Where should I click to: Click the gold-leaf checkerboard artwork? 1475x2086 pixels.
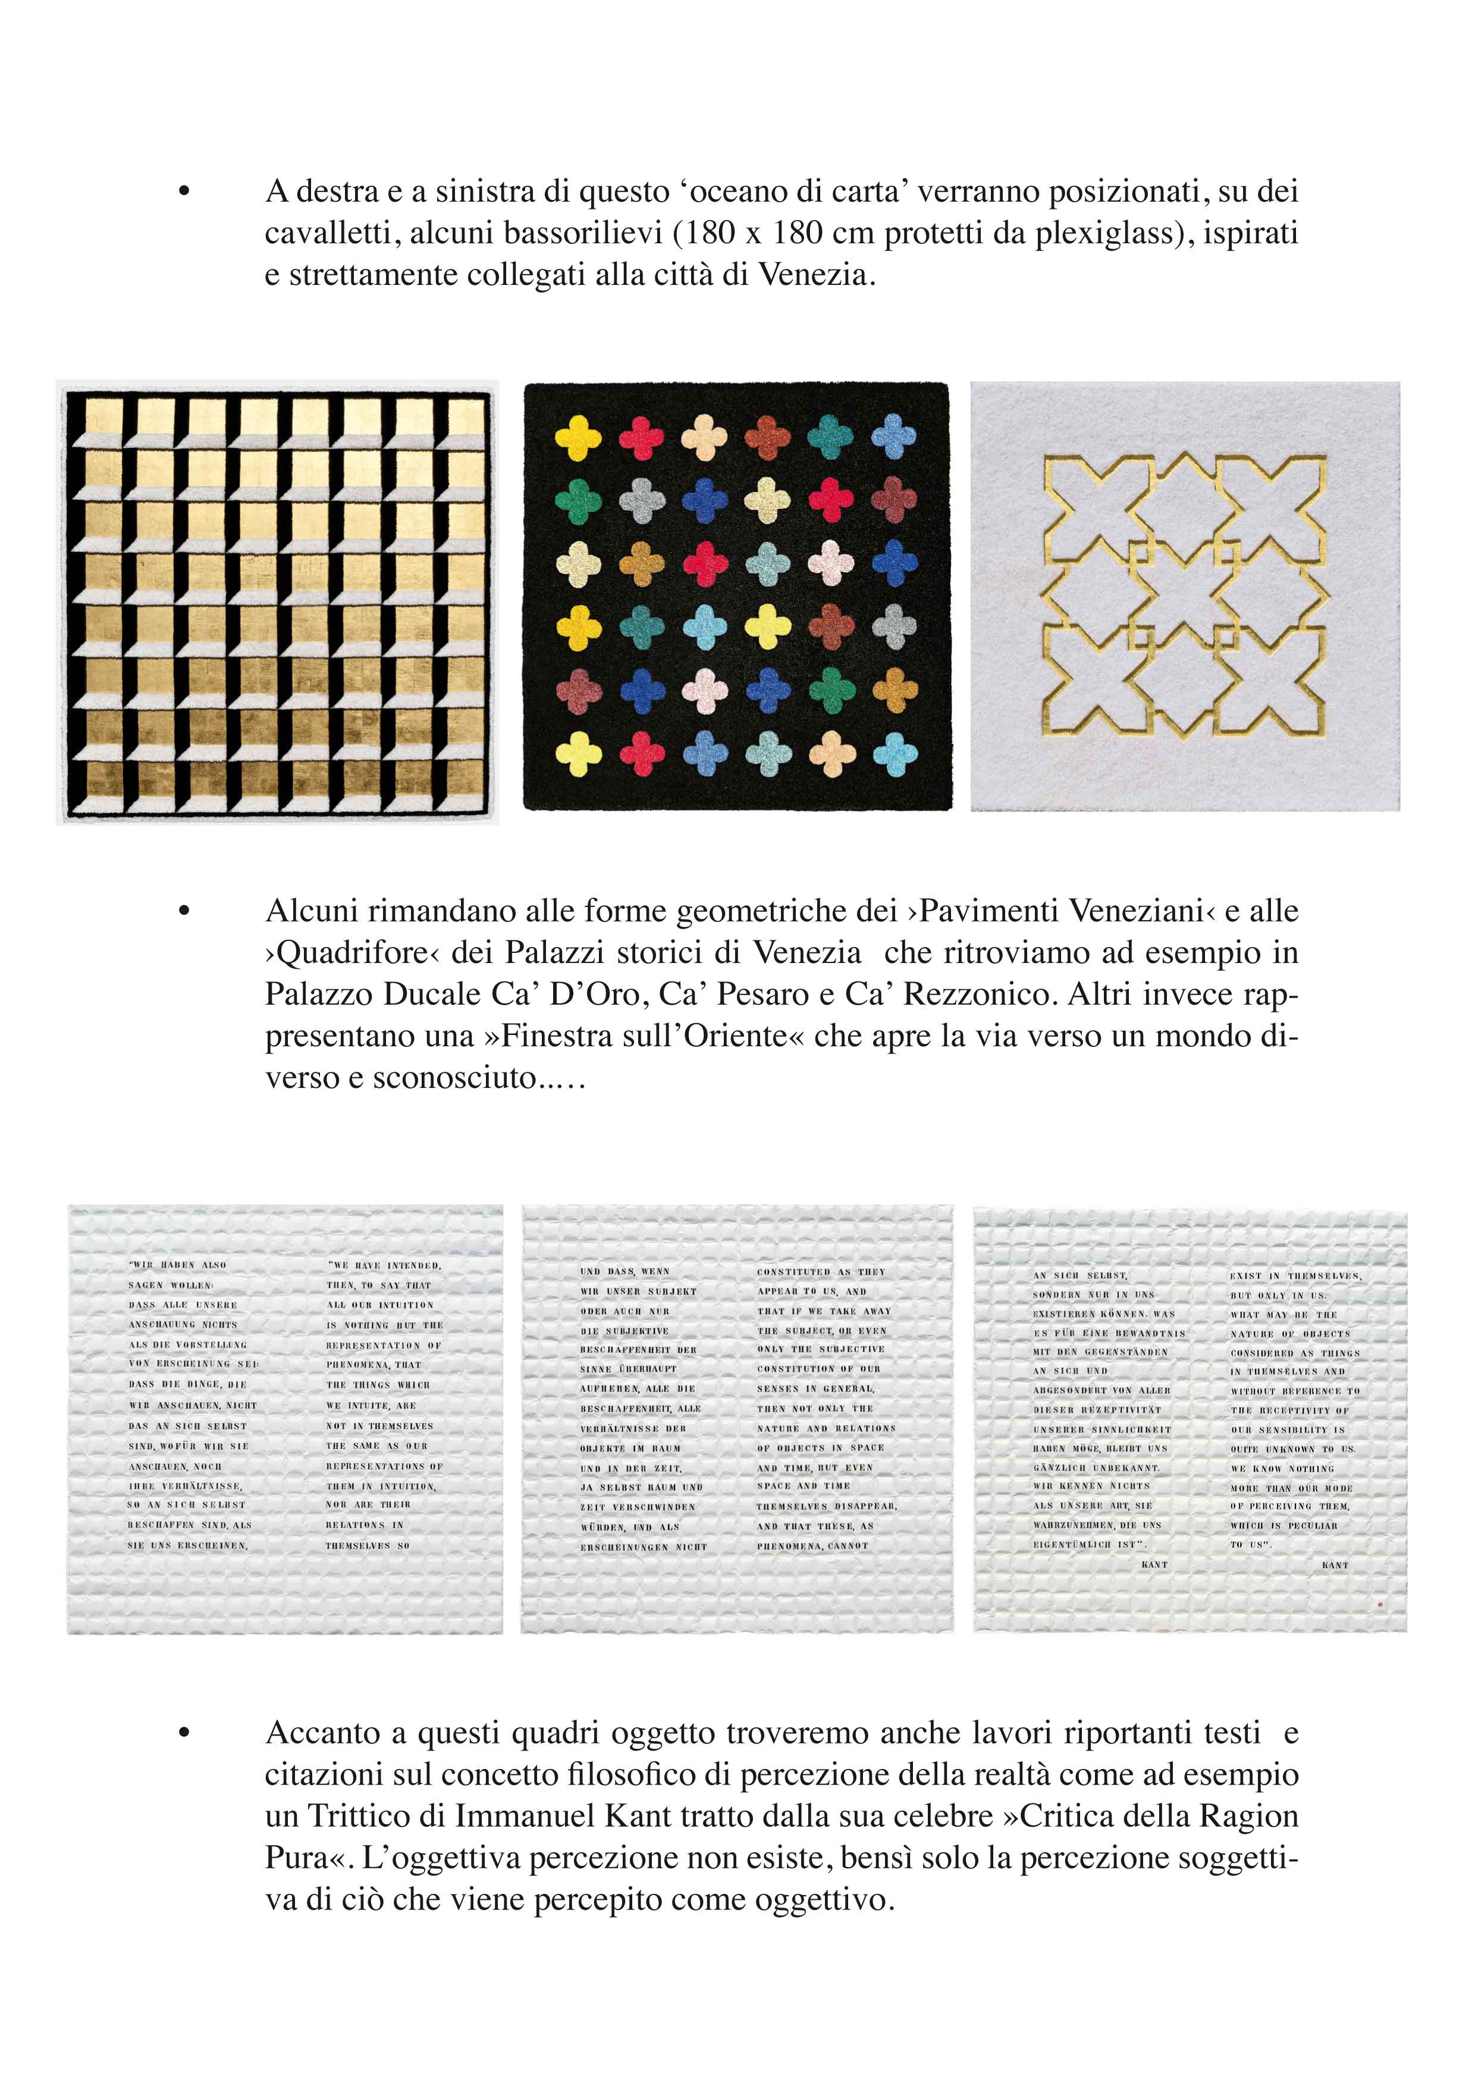pos(277,603)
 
